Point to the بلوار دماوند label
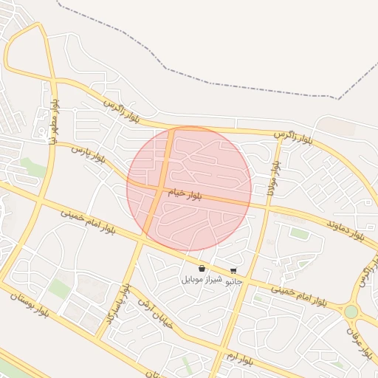point(346,230)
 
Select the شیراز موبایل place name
point(202,280)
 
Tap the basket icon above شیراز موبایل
point(202,269)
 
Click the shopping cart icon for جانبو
point(234,271)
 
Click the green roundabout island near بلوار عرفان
point(351,312)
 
